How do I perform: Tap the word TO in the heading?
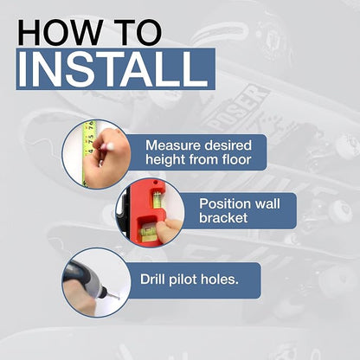[138, 32]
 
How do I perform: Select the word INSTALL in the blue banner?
[113, 69]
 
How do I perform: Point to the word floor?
[236, 159]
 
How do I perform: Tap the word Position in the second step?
[222, 204]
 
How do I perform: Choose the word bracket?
[223, 218]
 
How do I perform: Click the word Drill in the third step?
[152, 280]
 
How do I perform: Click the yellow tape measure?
[88, 154]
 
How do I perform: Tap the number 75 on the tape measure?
[91, 137]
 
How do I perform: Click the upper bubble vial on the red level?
[157, 199]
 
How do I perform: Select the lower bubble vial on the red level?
[147, 231]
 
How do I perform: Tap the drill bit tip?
[119, 298]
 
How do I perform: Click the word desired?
[229, 145]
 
